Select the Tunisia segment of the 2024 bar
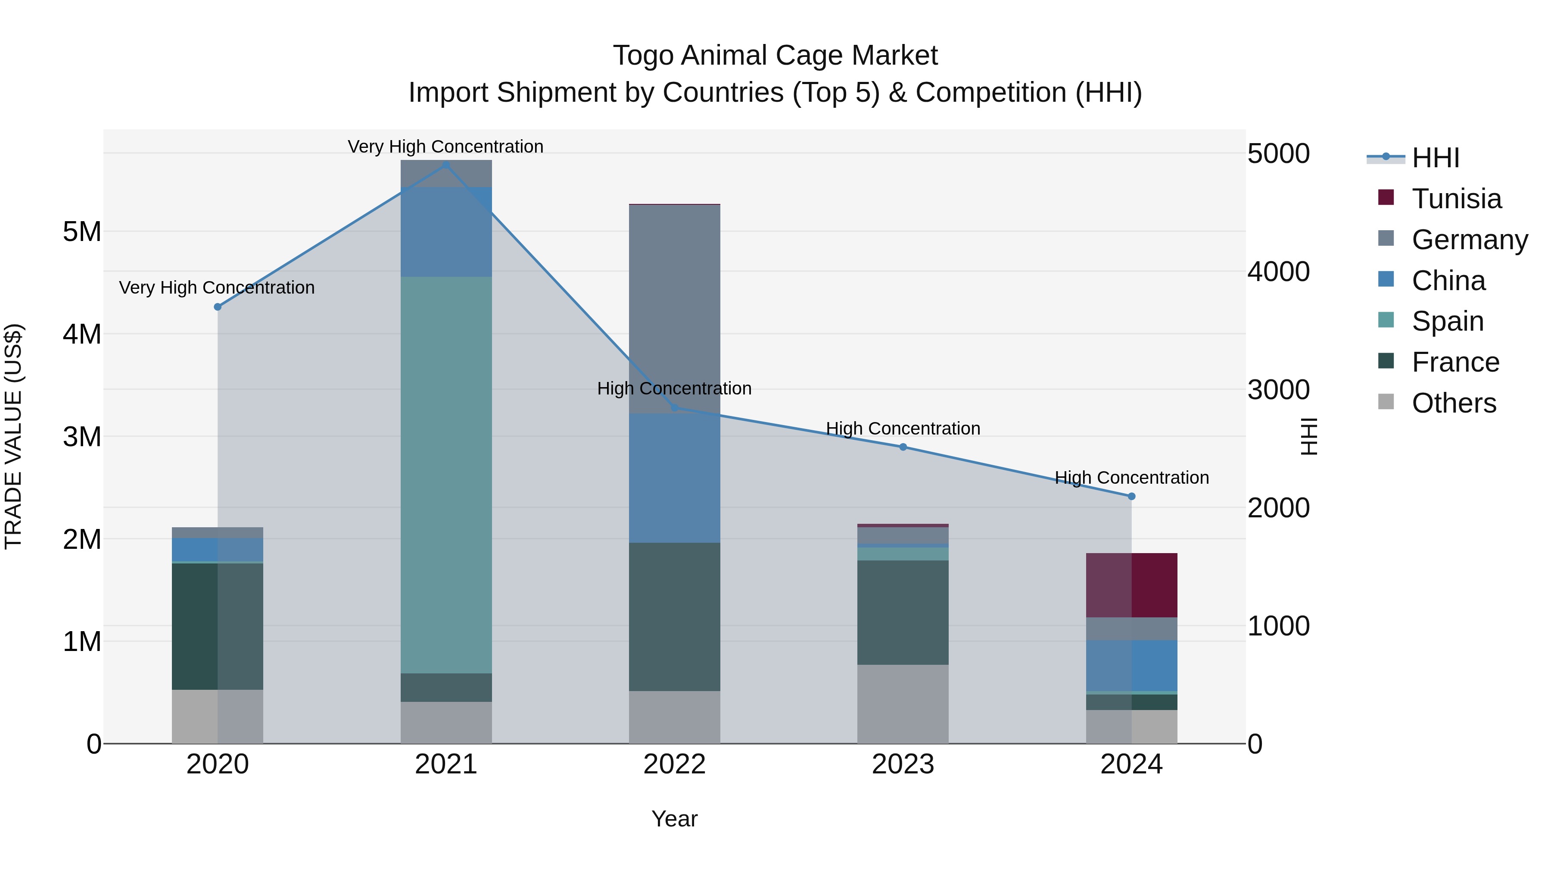tap(1131, 585)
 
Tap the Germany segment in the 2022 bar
tap(674, 309)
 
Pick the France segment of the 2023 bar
tap(903, 612)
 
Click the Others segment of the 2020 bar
tap(218, 717)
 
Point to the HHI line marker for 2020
tap(218, 307)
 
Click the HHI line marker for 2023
tap(903, 447)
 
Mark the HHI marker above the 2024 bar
tap(1131, 497)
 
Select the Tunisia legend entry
tap(1456, 199)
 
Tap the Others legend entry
tap(1454, 403)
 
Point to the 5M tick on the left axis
tap(82, 232)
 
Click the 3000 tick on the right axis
tap(1278, 390)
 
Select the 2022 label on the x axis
tap(674, 764)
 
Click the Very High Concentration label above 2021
tap(445, 147)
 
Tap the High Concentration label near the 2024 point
tap(1131, 478)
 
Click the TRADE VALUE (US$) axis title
tap(13, 436)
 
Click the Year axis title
tap(674, 819)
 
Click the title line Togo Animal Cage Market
tap(775, 56)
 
